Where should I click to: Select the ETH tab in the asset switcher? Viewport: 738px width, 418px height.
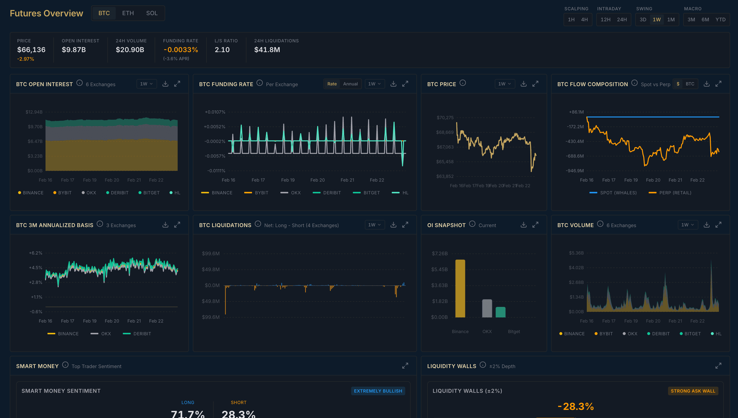point(128,13)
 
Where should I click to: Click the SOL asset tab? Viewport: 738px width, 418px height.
point(151,13)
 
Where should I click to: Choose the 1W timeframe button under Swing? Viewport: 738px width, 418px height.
point(656,20)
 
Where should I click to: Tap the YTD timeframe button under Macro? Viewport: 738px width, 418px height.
point(720,20)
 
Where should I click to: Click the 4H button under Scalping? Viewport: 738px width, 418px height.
point(584,20)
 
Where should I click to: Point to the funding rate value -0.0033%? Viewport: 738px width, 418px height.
point(181,50)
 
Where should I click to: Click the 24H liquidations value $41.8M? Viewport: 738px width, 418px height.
point(267,50)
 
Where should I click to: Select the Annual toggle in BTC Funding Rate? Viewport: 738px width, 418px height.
point(350,84)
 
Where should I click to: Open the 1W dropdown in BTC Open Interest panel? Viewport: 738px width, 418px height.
point(146,84)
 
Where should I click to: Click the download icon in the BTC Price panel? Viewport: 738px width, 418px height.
point(523,84)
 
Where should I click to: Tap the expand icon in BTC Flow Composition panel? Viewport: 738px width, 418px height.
point(718,84)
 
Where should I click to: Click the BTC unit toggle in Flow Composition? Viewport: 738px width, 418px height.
point(690,84)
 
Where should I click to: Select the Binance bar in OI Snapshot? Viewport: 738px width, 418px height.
point(460,288)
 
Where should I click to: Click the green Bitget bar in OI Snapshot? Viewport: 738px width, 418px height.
point(500,312)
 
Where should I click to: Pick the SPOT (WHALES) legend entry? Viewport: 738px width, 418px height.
point(613,193)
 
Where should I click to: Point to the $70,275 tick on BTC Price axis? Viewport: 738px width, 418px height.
point(445,118)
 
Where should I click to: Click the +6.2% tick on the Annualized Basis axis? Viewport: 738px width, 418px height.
point(35,253)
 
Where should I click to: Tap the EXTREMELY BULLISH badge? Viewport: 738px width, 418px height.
point(378,391)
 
